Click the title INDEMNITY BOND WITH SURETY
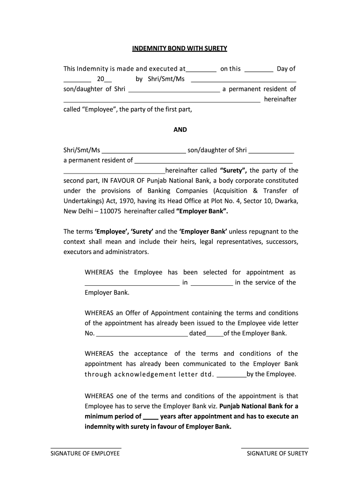click(x=180, y=48)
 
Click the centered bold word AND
click(x=180, y=130)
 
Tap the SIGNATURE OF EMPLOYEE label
click(x=86, y=453)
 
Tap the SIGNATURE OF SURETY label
click(x=277, y=453)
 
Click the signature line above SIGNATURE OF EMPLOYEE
click(x=86, y=448)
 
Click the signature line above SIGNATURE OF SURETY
click(x=275, y=448)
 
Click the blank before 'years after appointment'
click(x=151, y=416)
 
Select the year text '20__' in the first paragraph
click(x=101, y=79)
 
